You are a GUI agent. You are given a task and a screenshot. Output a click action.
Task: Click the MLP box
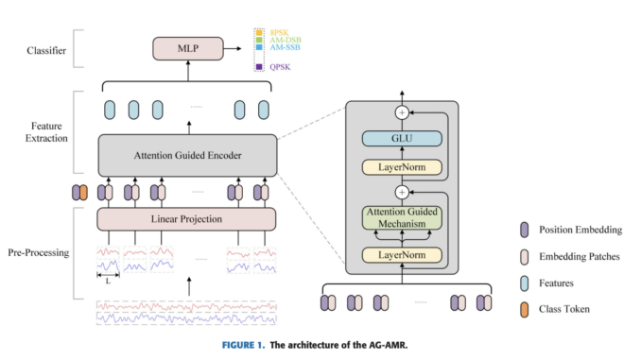(186, 47)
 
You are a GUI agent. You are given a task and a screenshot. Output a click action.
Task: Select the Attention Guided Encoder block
(186, 154)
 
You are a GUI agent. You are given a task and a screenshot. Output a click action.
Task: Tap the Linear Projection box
(186, 218)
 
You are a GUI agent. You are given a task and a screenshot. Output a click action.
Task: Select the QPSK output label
(279, 66)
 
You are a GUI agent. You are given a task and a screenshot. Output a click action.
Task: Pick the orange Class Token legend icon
(526, 308)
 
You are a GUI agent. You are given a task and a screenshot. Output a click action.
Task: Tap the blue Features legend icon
(526, 283)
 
